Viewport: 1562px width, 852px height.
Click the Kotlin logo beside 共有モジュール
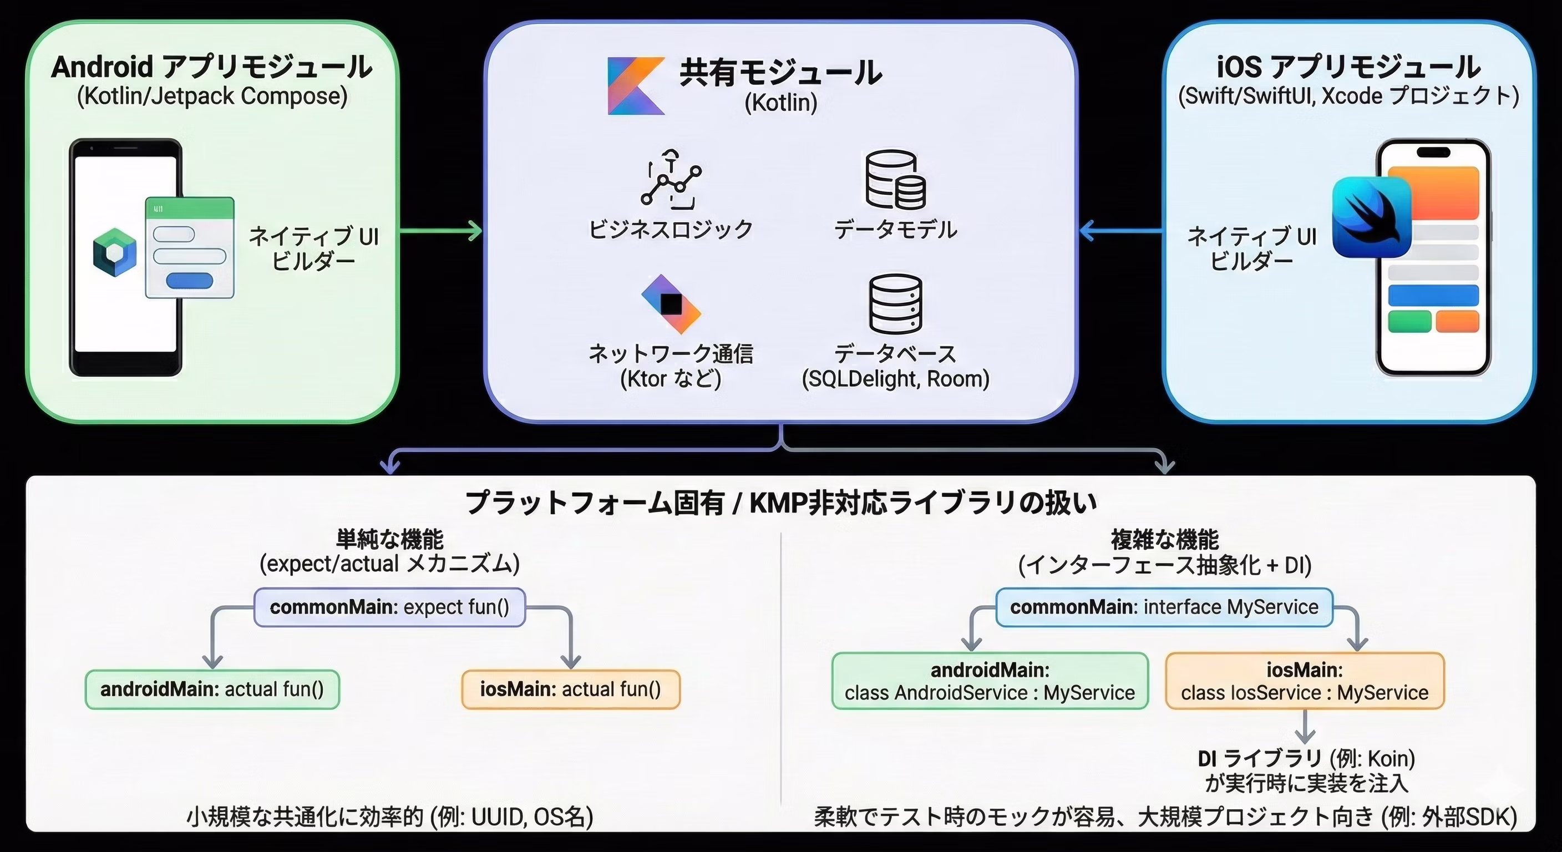point(635,86)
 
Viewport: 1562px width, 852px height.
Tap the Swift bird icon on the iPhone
point(1372,217)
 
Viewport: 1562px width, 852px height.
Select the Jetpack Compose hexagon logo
point(115,252)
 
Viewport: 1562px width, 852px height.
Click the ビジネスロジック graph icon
point(671,180)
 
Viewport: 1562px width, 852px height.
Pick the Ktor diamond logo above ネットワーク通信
point(671,304)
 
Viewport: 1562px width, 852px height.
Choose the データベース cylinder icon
point(895,304)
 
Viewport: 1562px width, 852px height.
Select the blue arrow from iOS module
point(1121,230)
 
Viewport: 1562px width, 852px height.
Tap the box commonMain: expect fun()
point(389,607)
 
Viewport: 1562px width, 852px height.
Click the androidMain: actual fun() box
point(212,689)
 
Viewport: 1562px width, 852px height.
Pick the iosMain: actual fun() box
point(571,689)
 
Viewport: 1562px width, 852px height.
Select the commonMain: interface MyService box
point(1164,607)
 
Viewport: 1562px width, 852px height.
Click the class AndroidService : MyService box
point(990,681)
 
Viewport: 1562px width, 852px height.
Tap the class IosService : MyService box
point(1305,681)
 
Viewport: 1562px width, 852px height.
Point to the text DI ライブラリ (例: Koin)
point(1306,759)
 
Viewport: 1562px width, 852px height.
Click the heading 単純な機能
point(389,539)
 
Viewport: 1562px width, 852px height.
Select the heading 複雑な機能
point(1164,539)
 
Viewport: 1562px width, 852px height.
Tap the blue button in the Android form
point(189,281)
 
